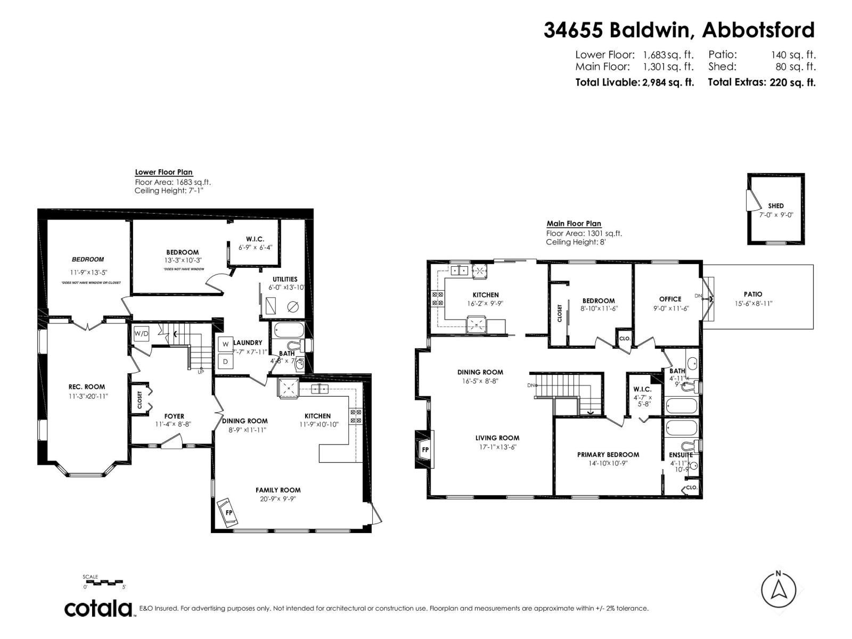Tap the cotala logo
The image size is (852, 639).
pyautogui.click(x=99, y=608)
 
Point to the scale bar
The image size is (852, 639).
pyautogui.click(x=104, y=581)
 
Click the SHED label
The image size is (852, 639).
pyautogui.click(x=776, y=206)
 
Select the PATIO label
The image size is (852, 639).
pyautogui.click(x=753, y=294)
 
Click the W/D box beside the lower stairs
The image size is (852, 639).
pyautogui.click(x=141, y=334)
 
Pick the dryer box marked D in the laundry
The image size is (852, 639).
pyautogui.click(x=225, y=362)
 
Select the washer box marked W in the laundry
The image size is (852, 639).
pyautogui.click(x=225, y=344)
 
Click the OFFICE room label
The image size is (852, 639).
pyautogui.click(x=670, y=299)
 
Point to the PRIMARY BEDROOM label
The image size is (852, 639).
pyautogui.click(x=608, y=454)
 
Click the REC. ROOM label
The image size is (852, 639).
pyautogui.click(x=87, y=387)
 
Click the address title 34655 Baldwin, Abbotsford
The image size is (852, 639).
pyautogui.click(x=679, y=30)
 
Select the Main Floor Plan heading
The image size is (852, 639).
pyautogui.click(x=574, y=224)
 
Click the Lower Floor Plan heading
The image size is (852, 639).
pyautogui.click(x=163, y=172)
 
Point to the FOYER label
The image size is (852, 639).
pyautogui.click(x=174, y=416)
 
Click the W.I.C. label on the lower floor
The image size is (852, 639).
pyautogui.click(x=255, y=239)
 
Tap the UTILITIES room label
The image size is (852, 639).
pyautogui.click(x=285, y=279)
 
